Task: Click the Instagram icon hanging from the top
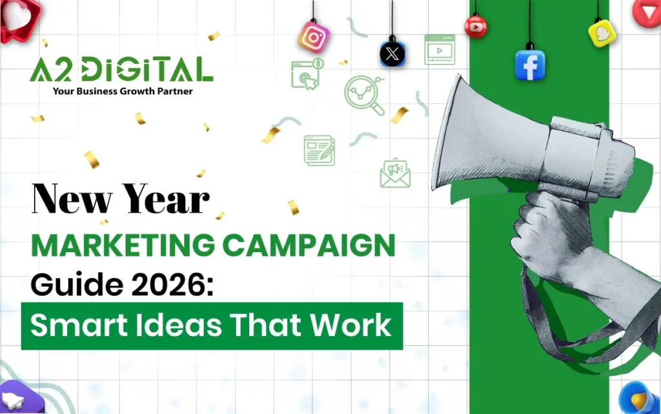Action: [x=313, y=37]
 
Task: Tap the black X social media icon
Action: [x=392, y=54]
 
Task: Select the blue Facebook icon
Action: [x=530, y=65]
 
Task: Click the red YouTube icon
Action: [x=476, y=27]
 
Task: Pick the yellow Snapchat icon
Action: [x=602, y=34]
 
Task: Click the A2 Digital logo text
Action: [x=121, y=69]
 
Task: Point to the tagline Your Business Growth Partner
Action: [x=122, y=92]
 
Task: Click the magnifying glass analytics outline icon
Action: [x=364, y=95]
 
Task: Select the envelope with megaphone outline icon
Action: [x=395, y=173]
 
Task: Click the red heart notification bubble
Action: [x=20, y=19]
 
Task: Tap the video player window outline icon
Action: [x=440, y=50]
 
